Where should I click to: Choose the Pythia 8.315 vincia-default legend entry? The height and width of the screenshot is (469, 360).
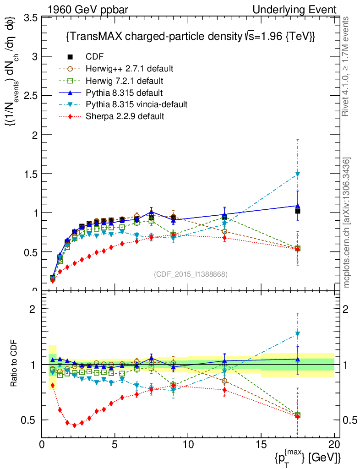(x=136, y=104)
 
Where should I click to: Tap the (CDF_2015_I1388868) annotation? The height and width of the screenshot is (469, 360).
(x=191, y=274)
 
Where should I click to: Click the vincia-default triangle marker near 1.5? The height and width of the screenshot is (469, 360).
(x=298, y=174)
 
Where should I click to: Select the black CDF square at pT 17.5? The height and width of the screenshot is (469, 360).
(x=298, y=211)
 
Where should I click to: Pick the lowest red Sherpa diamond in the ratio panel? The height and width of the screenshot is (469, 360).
(x=75, y=425)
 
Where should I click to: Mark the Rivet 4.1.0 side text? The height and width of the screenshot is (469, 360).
(x=347, y=66)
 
